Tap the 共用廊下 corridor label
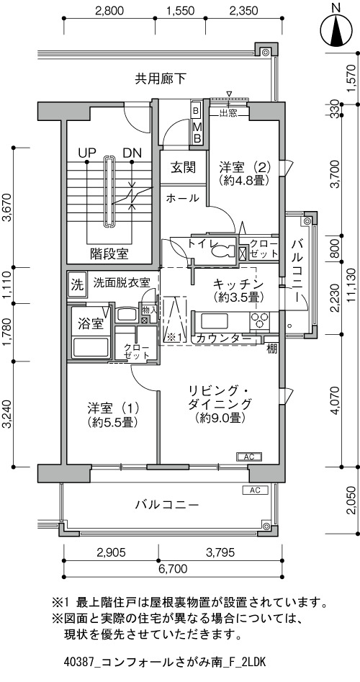161,78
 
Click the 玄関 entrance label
182,168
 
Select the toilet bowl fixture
223,251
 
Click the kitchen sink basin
215,321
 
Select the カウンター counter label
223,338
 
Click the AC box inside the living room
248,457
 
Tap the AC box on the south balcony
255,490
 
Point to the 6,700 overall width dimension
173,568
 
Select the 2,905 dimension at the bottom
112,552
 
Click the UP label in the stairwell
87,153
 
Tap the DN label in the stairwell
132,153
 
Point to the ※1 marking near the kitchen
174,336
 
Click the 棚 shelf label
271,349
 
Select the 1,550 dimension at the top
180,10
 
